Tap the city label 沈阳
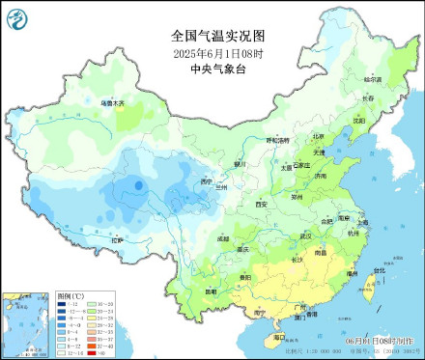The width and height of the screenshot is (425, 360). (359, 122)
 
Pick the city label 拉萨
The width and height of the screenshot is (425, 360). (117, 238)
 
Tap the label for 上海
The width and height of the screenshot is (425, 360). (361, 221)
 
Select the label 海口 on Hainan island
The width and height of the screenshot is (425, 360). (279, 338)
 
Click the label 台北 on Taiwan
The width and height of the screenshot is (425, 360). (378, 271)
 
